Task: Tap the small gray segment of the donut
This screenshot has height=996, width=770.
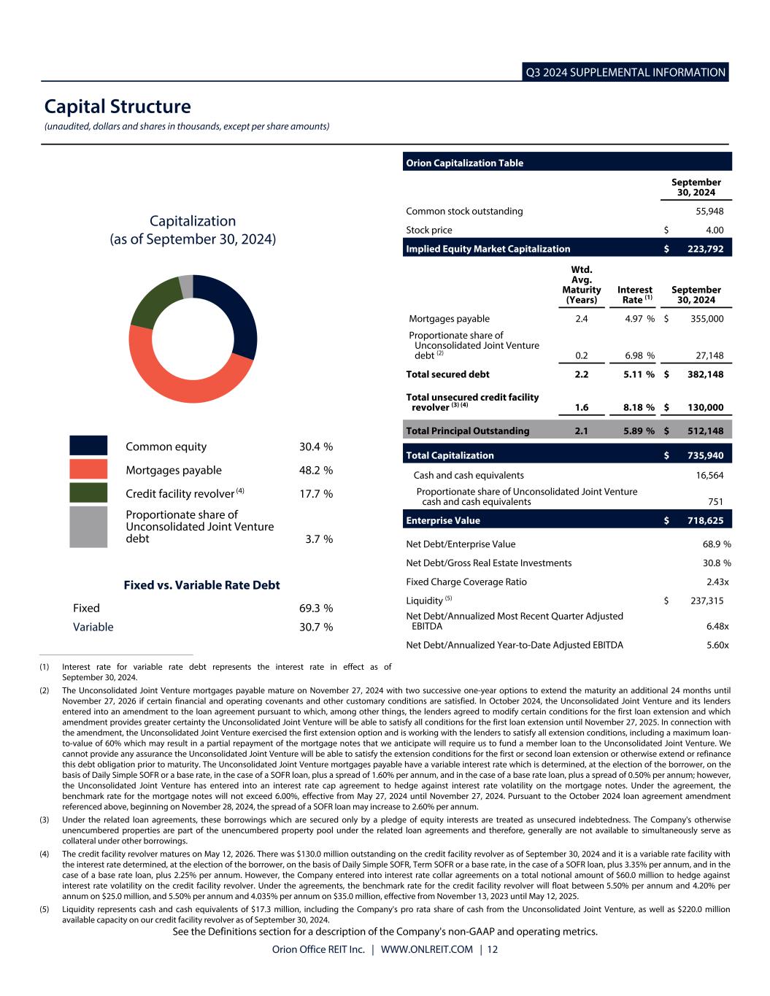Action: click(x=186, y=286)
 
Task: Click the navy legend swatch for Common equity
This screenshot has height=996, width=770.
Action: click(x=88, y=446)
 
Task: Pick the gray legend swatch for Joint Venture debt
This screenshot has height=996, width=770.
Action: click(x=88, y=527)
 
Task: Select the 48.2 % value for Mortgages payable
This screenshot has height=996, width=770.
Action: click(x=316, y=471)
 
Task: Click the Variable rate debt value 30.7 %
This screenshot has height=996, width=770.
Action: click(x=316, y=627)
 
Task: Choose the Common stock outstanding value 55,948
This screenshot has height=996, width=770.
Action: click(x=709, y=211)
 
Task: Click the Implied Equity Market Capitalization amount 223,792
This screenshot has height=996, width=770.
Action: click(x=705, y=249)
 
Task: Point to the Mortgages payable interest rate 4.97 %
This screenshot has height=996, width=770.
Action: click(x=639, y=319)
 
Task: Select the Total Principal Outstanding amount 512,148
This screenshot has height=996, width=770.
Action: click(x=705, y=431)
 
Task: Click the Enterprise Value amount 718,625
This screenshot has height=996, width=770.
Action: click(x=705, y=520)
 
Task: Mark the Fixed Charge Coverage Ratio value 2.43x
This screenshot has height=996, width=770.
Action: click(x=717, y=582)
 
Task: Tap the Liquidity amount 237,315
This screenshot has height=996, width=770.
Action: click(x=707, y=601)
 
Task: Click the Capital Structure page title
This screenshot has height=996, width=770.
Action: click(x=118, y=107)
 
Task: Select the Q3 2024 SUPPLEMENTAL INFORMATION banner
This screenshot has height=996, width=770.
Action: click(x=625, y=72)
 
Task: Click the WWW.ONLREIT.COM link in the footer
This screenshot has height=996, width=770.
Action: click(x=426, y=949)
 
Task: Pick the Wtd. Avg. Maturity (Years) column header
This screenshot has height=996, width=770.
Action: click(x=582, y=285)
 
